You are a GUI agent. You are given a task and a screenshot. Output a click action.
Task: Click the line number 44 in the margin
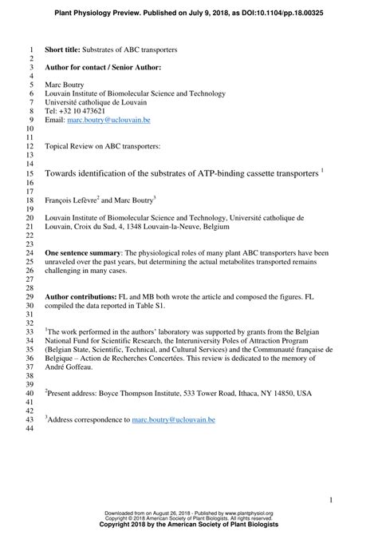(x=30, y=430)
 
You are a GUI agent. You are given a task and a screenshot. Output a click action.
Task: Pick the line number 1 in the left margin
(x=32, y=49)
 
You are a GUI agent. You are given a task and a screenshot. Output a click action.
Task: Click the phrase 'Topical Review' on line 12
(x=73, y=146)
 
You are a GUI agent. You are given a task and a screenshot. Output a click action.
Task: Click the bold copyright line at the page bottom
(x=189, y=526)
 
